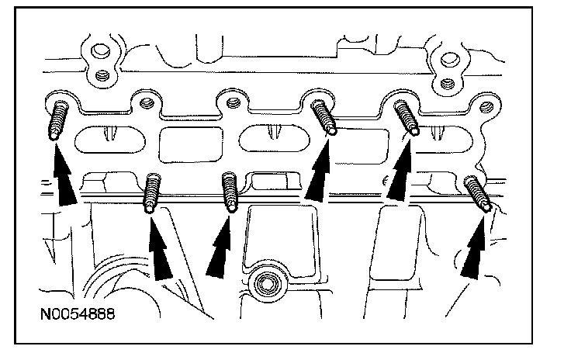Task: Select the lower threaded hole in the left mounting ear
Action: (x=100, y=77)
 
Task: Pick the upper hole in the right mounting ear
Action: (x=448, y=57)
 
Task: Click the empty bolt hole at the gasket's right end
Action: (x=486, y=108)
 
